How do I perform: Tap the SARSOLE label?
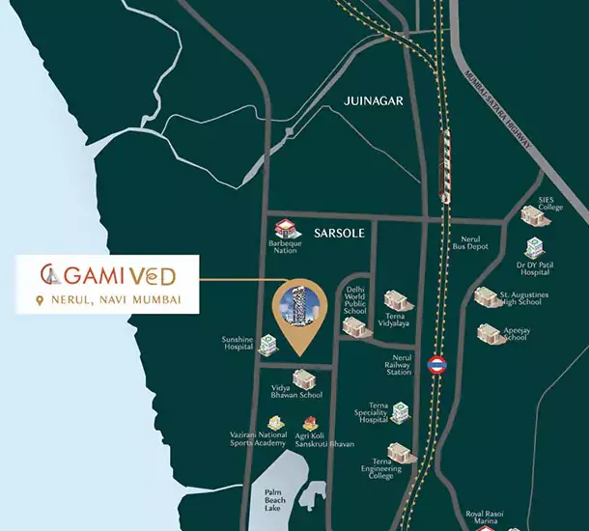pos(336,233)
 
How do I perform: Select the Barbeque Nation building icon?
pos(284,230)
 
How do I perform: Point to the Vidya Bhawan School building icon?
pos(302,377)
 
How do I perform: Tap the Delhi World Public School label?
pos(354,299)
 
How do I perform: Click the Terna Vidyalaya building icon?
pos(395,301)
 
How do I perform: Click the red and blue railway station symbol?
pos(435,365)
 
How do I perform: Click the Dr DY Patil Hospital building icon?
pos(534,249)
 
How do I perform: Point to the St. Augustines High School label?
pos(523,299)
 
